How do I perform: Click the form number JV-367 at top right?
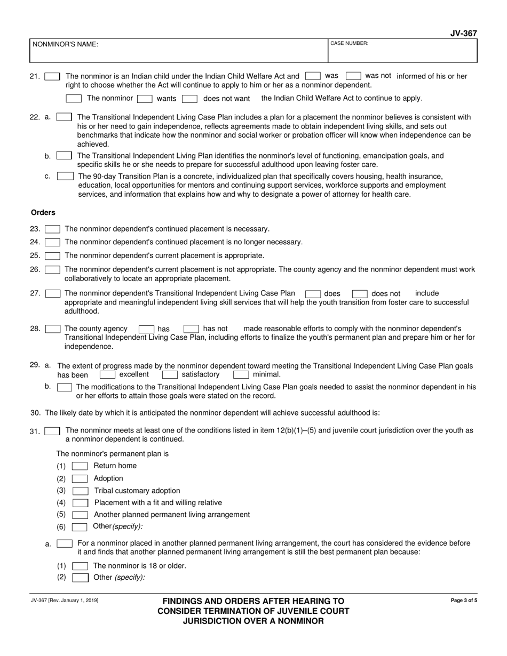pos(463,33)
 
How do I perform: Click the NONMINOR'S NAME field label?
pos(65,45)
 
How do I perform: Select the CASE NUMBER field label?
pos(349,43)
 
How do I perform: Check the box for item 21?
pos(52,77)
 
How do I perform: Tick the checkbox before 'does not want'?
pos(189,99)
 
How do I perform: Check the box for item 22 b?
pos(64,156)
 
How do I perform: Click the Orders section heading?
pos(43,212)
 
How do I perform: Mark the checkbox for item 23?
pos(52,229)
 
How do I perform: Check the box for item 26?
pos(52,270)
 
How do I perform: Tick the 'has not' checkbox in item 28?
pos(191,329)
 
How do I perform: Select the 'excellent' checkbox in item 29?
pos(107,375)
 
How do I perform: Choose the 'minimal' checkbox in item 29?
pos(241,375)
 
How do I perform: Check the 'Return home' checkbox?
pos(80,466)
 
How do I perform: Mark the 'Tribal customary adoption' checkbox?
pos(80,491)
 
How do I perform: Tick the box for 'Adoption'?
pos(80,479)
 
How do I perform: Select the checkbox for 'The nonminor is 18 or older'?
pos(80,566)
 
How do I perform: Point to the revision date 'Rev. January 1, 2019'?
pos(65,601)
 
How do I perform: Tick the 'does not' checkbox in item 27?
pos(360,294)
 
